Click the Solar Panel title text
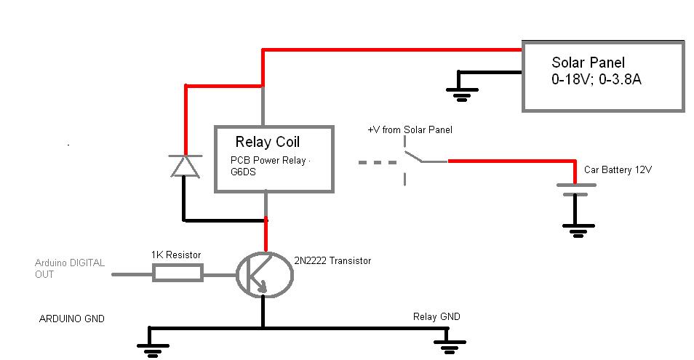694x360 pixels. (588, 63)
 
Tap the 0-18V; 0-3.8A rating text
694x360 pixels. (596, 79)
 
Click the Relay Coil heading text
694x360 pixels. (267, 142)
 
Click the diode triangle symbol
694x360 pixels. (185, 166)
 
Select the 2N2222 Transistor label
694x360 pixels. (332, 260)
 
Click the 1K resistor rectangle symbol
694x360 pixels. (178, 273)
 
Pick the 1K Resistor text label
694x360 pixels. (176, 255)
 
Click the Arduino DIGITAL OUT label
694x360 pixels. (70, 268)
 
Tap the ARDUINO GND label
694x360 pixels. (72, 319)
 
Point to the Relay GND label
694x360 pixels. (436, 316)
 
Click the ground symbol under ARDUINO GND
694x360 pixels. (152, 349)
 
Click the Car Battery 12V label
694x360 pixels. (618, 169)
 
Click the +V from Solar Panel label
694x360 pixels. (410, 129)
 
